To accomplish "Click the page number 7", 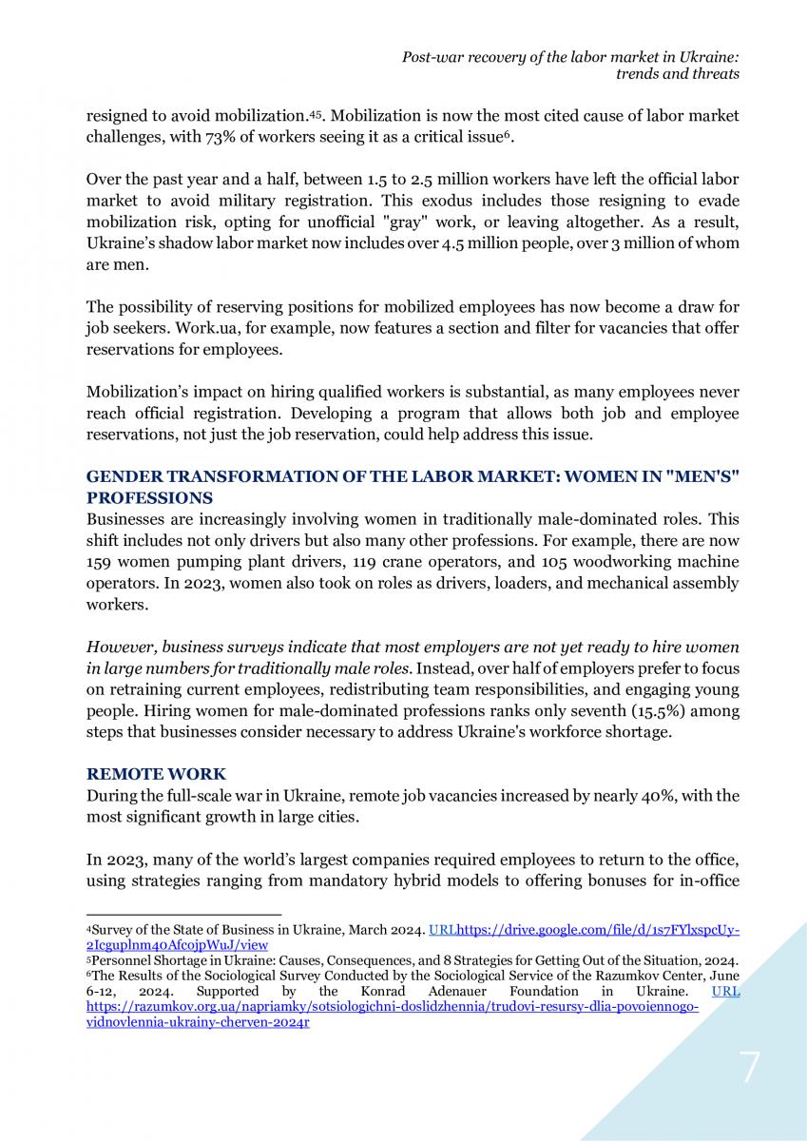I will [750, 1069].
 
